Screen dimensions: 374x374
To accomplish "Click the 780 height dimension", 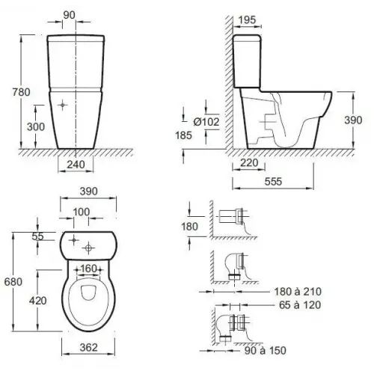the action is click(x=22, y=92).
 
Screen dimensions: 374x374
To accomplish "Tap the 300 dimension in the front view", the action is click(x=36, y=126).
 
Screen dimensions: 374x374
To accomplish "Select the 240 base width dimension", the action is click(x=76, y=165).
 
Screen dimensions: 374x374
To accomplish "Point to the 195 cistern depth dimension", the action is click(x=247, y=19).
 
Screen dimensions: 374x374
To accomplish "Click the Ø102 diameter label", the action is click(x=206, y=122).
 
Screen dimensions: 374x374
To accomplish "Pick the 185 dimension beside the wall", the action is click(x=183, y=135).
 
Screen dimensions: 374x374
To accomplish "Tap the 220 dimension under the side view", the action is click(x=249, y=163).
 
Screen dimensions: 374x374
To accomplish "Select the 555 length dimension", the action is click(x=273, y=182).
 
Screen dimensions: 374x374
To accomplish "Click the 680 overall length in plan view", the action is click(x=13, y=282).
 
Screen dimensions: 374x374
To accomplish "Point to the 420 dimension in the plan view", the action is click(x=38, y=301).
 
